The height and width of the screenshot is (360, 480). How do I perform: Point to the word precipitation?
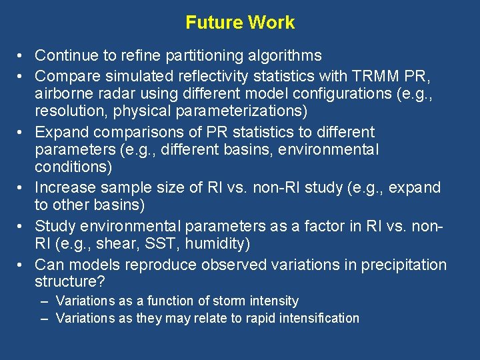click(404, 265)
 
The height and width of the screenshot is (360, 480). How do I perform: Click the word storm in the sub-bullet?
click(211, 301)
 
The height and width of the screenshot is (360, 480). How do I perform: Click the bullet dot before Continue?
click(22, 55)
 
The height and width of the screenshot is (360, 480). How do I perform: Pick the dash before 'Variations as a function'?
click(44, 301)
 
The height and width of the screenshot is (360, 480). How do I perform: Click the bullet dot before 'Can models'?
click(22, 265)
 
